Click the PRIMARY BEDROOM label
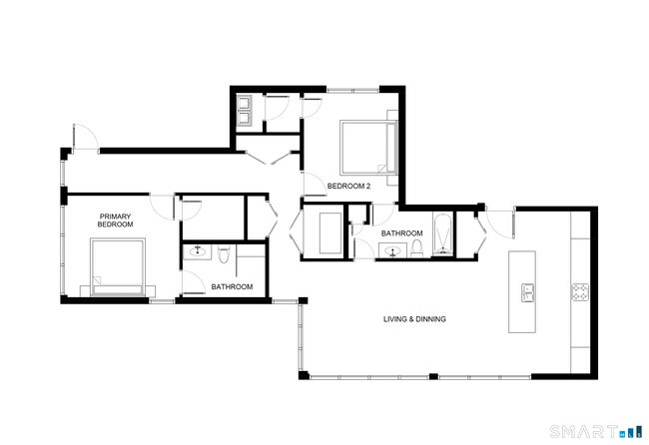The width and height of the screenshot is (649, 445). [x=115, y=221]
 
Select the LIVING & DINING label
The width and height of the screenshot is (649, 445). [x=414, y=319]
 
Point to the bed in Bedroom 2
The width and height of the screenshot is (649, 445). [x=366, y=147]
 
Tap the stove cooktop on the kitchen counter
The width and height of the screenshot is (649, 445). [x=580, y=292]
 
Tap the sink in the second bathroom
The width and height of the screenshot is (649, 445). [x=392, y=251]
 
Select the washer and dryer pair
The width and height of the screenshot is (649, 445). [x=245, y=110]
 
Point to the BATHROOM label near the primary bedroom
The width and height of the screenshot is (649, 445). [x=232, y=287]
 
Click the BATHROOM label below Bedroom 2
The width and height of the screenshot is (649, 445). [x=402, y=233]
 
